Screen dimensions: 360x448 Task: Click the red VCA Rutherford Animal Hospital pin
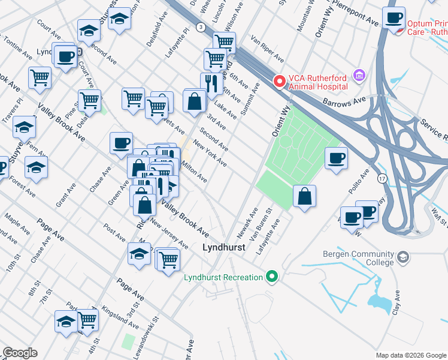pyautogui.click(x=279, y=81)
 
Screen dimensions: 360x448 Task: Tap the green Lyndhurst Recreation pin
pyautogui.click(x=272, y=277)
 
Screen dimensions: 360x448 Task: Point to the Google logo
pyautogui.click(x=20, y=353)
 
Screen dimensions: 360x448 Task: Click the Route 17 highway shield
pyautogui.click(x=382, y=178)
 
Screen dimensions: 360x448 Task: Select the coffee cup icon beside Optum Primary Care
pyautogui.click(x=394, y=18)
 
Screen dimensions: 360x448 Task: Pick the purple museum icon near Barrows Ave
pyautogui.click(x=359, y=76)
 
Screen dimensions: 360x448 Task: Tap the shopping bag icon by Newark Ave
pyautogui.click(x=304, y=196)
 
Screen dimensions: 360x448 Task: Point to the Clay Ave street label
pyautogui.click(x=395, y=304)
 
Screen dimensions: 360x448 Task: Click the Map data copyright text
pyautogui.click(x=411, y=355)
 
